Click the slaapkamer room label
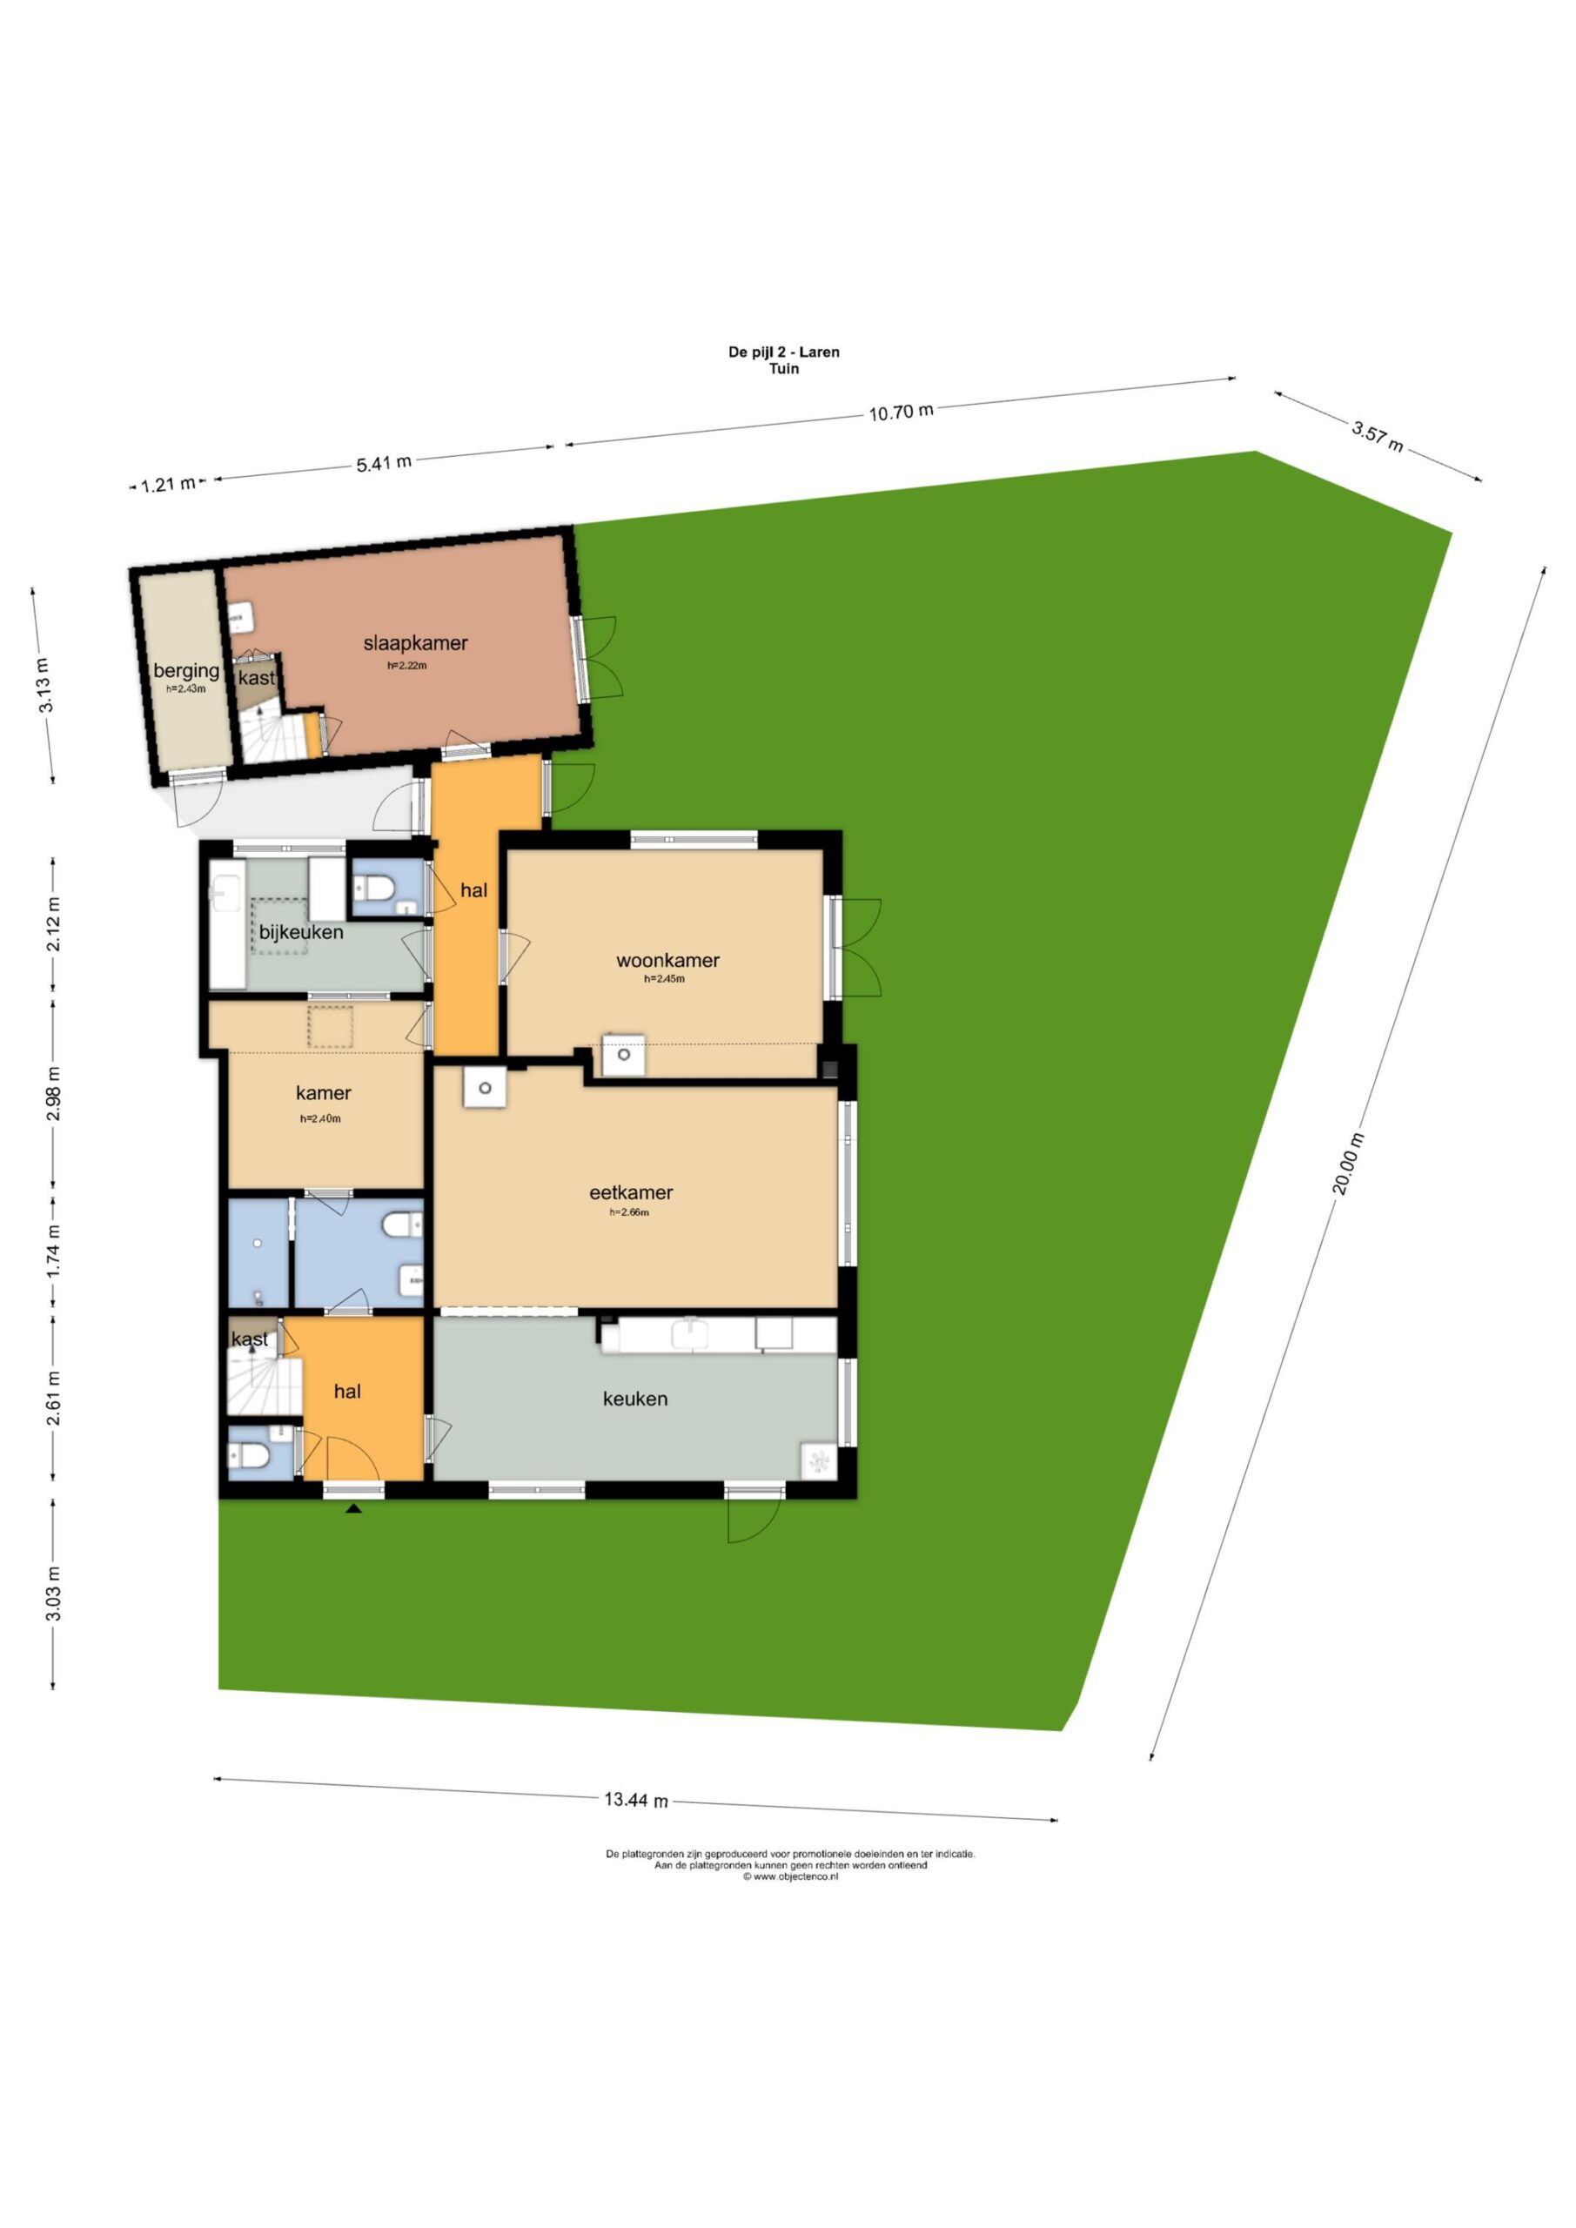tap(415, 642)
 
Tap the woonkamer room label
tap(667, 961)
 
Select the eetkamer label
tap(631, 1192)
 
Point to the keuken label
tap(634, 1399)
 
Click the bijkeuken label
tap(301, 932)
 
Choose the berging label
tap(186, 670)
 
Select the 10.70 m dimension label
tap(901, 412)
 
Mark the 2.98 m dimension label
tap(54, 1094)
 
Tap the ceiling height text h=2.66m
tap(629, 1212)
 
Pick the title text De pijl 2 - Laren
tap(784, 352)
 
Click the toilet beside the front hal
tap(248, 1455)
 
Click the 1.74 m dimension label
tap(54, 1251)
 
